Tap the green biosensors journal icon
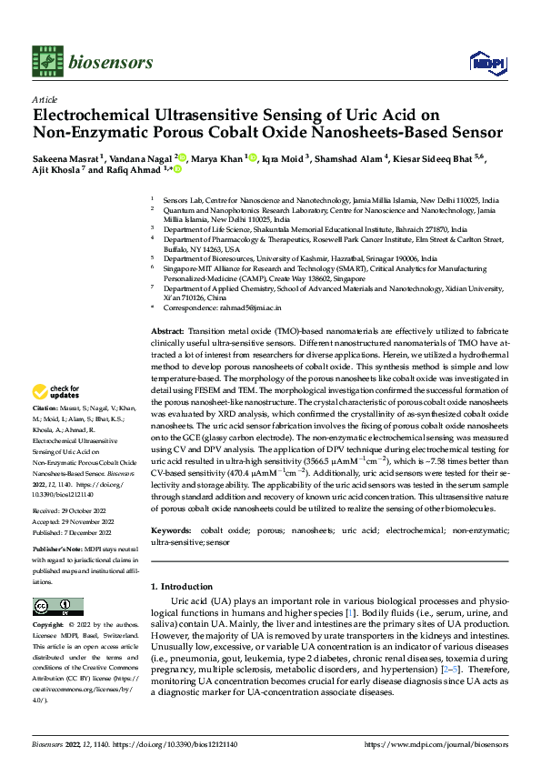(x=45, y=57)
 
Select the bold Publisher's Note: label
(x=60, y=550)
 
